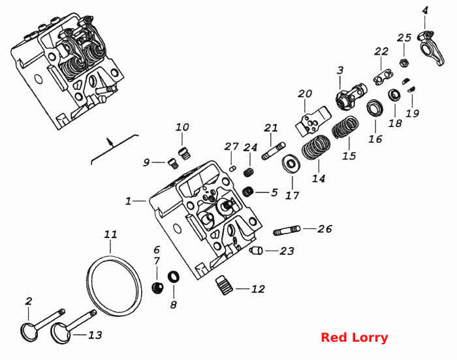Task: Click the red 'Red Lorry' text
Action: click(354, 338)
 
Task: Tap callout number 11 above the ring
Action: click(111, 235)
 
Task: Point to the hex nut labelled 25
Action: click(404, 63)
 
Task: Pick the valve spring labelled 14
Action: click(316, 147)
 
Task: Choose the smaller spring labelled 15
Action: click(345, 127)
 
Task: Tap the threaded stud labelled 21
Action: click(274, 151)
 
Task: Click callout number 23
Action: click(287, 251)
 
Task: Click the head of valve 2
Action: click(30, 332)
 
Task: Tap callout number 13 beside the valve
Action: click(95, 335)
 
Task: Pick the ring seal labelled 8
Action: click(174, 277)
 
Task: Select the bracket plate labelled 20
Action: click(313, 121)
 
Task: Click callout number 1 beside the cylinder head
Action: click(128, 201)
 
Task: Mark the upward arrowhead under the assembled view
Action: click(110, 142)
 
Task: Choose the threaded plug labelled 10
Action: click(183, 153)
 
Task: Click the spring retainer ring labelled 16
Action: click(375, 108)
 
